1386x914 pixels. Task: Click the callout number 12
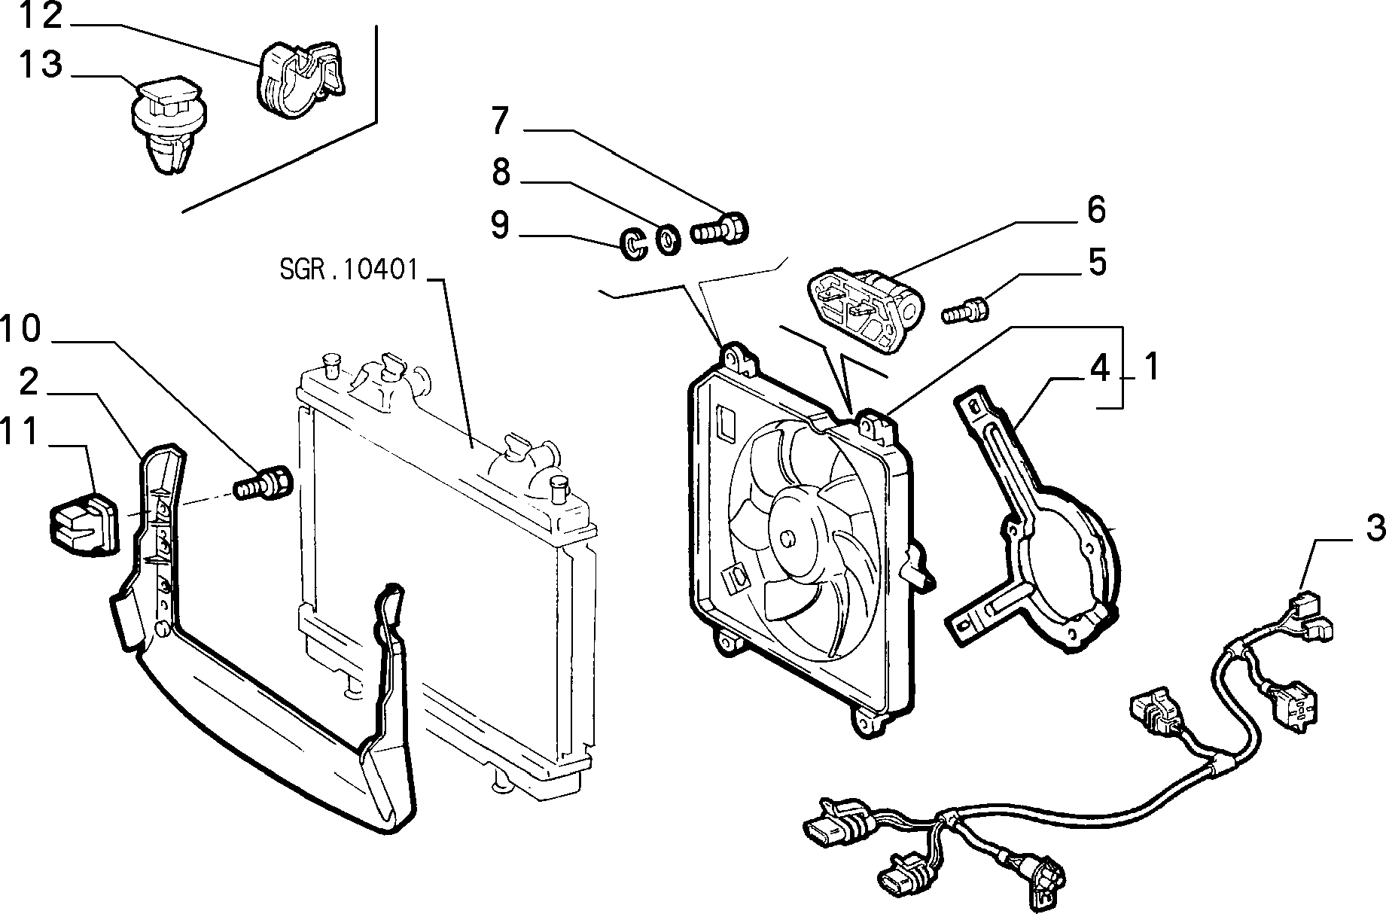pos(41,17)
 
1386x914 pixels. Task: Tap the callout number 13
pos(41,64)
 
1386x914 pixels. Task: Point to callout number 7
pos(500,120)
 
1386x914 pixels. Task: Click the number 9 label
pos(500,225)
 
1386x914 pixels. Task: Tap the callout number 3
pos(1375,528)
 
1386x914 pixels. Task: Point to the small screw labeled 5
pos(965,309)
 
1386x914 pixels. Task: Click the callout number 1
pos(1151,368)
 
